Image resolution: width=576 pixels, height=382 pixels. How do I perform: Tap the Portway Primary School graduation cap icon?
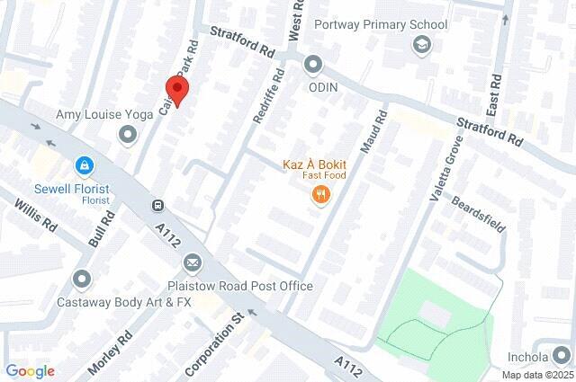(420, 43)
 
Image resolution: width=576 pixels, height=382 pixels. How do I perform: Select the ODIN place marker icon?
(313, 65)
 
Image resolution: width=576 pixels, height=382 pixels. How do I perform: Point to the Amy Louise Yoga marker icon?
(128, 135)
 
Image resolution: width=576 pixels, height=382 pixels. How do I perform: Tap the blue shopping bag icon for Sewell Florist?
(84, 166)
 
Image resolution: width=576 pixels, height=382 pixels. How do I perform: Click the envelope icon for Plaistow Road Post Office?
(192, 262)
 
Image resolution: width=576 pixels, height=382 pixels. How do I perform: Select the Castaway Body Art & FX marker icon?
(83, 280)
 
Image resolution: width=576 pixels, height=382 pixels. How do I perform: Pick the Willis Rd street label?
(35, 216)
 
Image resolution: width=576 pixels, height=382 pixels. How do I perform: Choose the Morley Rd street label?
(111, 352)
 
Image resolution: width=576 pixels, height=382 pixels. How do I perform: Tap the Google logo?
(30, 371)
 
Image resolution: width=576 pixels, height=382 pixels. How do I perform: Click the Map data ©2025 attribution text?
(536, 375)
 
